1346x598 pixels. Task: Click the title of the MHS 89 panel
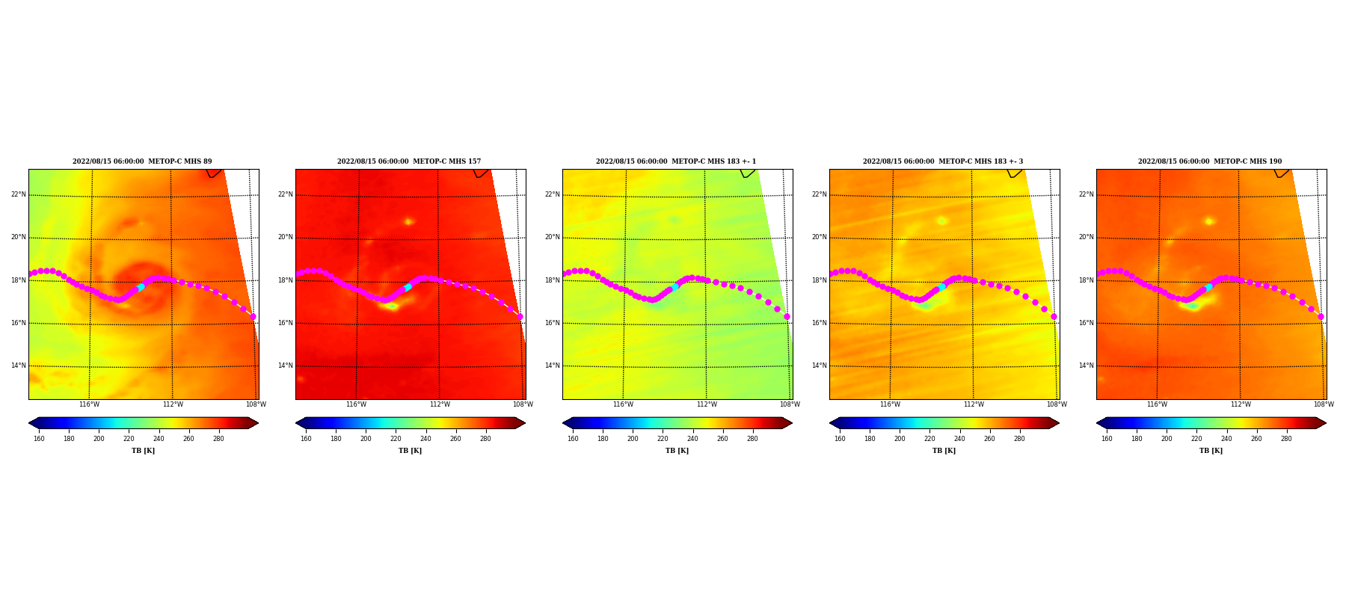tap(142, 161)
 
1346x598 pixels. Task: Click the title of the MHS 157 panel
tap(409, 161)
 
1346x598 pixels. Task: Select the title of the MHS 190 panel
tap(1210, 161)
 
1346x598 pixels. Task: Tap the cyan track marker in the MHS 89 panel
tap(141, 287)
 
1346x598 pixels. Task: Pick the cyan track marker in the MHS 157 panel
tap(408, 287)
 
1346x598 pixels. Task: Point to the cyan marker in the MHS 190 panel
tap(1208, 287)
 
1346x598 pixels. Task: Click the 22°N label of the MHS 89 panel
tap(18, 194)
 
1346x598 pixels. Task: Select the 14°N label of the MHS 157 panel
tap(285, 366)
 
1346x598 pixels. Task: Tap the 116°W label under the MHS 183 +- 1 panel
tap(623, 404)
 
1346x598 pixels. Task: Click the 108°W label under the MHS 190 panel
tap(1324, 404)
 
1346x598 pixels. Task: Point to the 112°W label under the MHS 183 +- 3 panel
tap(974, 404)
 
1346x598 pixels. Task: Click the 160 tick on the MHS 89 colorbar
tap(39, 439)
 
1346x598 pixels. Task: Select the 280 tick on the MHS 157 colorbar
tap(485, 439)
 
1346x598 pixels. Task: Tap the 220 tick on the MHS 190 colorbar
tap(1196, 439)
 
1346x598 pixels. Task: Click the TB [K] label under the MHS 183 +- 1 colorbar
tap(677, 451)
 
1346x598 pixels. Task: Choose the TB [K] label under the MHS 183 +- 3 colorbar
tap(944, 451)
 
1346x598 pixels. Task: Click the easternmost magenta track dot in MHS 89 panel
tap(253, 317)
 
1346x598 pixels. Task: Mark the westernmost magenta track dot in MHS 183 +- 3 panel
tap(832, 274)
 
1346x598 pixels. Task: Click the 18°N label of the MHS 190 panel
tap(1086, 280)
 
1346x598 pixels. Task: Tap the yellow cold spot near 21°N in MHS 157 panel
tap(408, 221)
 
